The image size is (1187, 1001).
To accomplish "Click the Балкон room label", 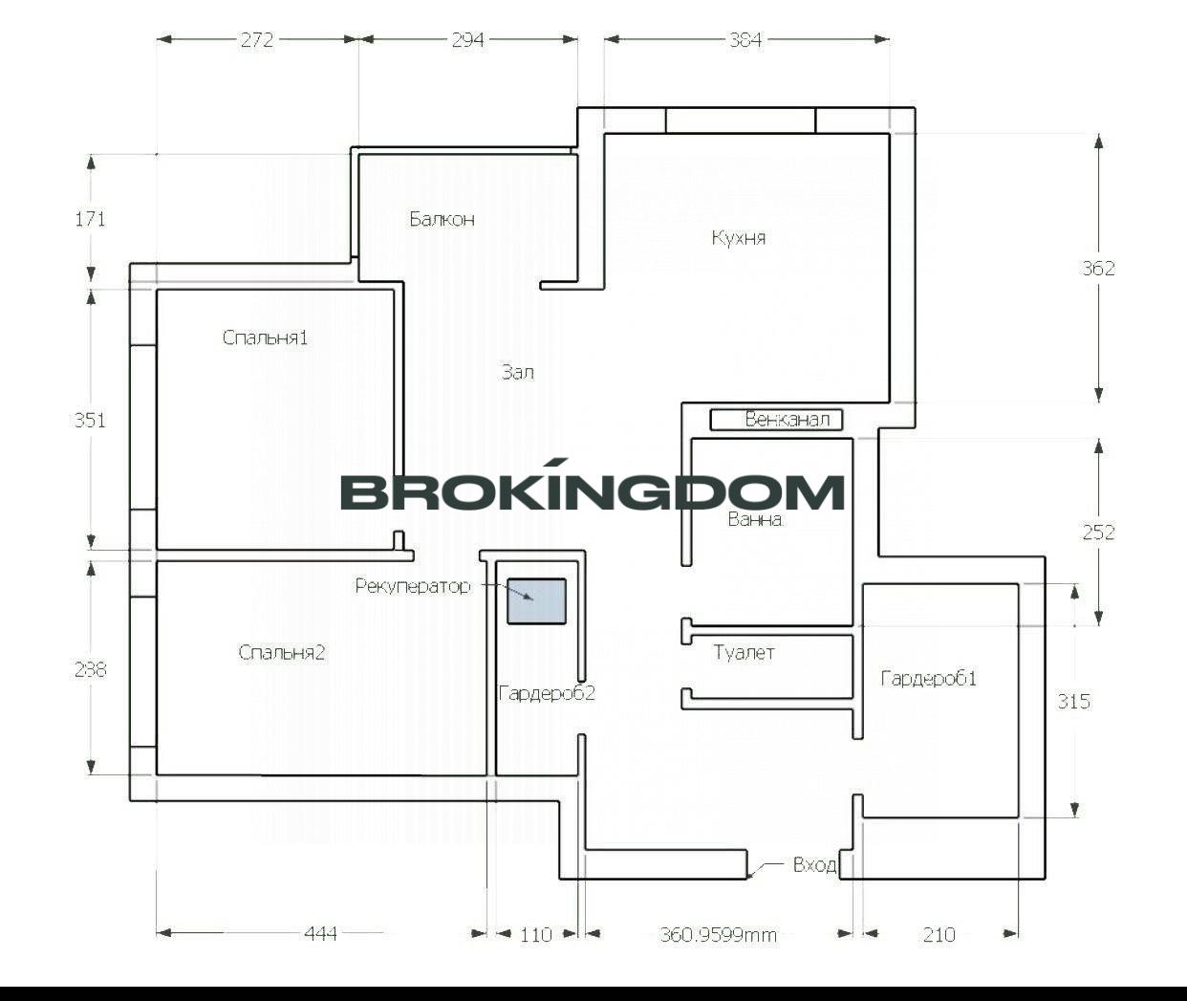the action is (x=442, y=219).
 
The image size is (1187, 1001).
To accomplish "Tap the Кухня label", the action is (x=739, y=238).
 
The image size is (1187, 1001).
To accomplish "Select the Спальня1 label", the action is (x=265, y=337).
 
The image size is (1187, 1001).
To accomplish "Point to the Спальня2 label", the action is (x=281, y=652).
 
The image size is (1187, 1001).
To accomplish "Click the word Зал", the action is (x=517, y=372).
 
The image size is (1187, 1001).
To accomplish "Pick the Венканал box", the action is (x=776, y=420).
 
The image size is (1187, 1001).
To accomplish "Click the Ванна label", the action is (x=754, y=519).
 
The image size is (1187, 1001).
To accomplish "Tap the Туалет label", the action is (x=744, y=652).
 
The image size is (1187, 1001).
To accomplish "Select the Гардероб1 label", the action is (x=928, y=678).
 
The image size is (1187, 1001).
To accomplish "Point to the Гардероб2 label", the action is (x=547, y=693).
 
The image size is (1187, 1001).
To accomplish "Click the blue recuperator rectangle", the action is (x=536, y=601).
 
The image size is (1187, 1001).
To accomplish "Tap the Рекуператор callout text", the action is (x=412, y=586).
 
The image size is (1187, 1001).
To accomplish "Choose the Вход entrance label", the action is (x=814, y=865).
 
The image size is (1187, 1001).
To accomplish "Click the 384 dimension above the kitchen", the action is (x=745, y=40).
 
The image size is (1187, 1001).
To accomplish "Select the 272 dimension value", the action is (x=257, y=40).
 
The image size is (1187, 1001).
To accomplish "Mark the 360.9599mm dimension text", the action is (x=718, y=935).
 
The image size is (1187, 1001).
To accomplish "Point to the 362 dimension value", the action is (x=1098, y=268).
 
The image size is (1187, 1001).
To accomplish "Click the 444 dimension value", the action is (x=320, y=934).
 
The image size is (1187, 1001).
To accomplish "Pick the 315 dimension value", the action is (x=1074, y=701).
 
